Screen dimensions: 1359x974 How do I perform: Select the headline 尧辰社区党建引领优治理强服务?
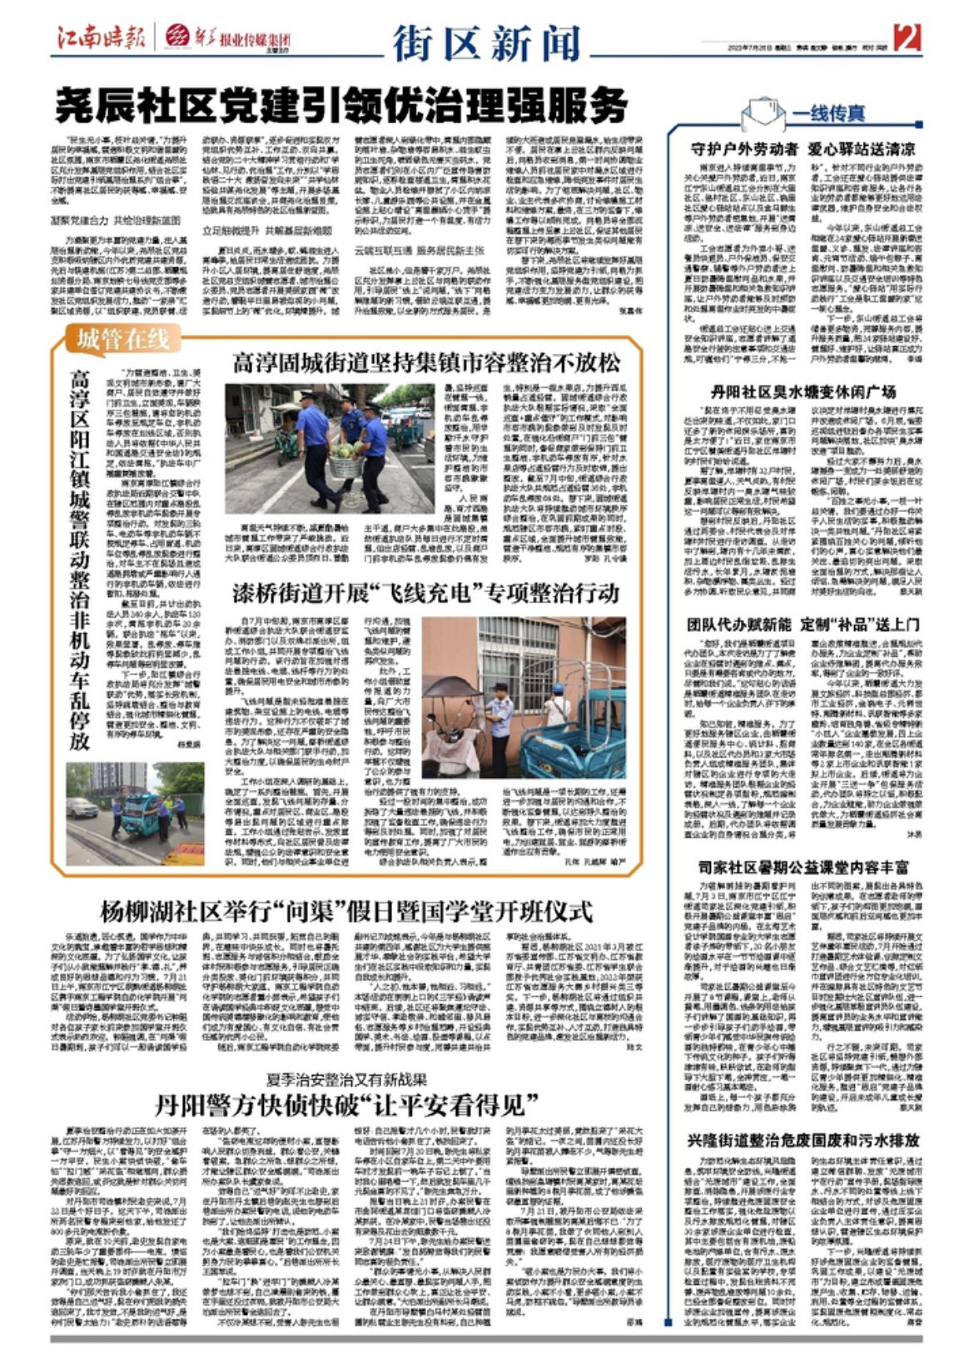click(x=341, y=106)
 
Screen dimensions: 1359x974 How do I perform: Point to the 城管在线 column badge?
click(x=124, y=339)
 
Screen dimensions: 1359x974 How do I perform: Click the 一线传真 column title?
click(x=828, y=113)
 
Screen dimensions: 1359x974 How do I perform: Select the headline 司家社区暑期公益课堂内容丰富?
click(x=803, y=867)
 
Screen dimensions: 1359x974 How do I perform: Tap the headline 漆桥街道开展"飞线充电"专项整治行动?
click(x=425, y=593)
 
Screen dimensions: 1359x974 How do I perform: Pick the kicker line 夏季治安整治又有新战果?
click(x=347, y=1079)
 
